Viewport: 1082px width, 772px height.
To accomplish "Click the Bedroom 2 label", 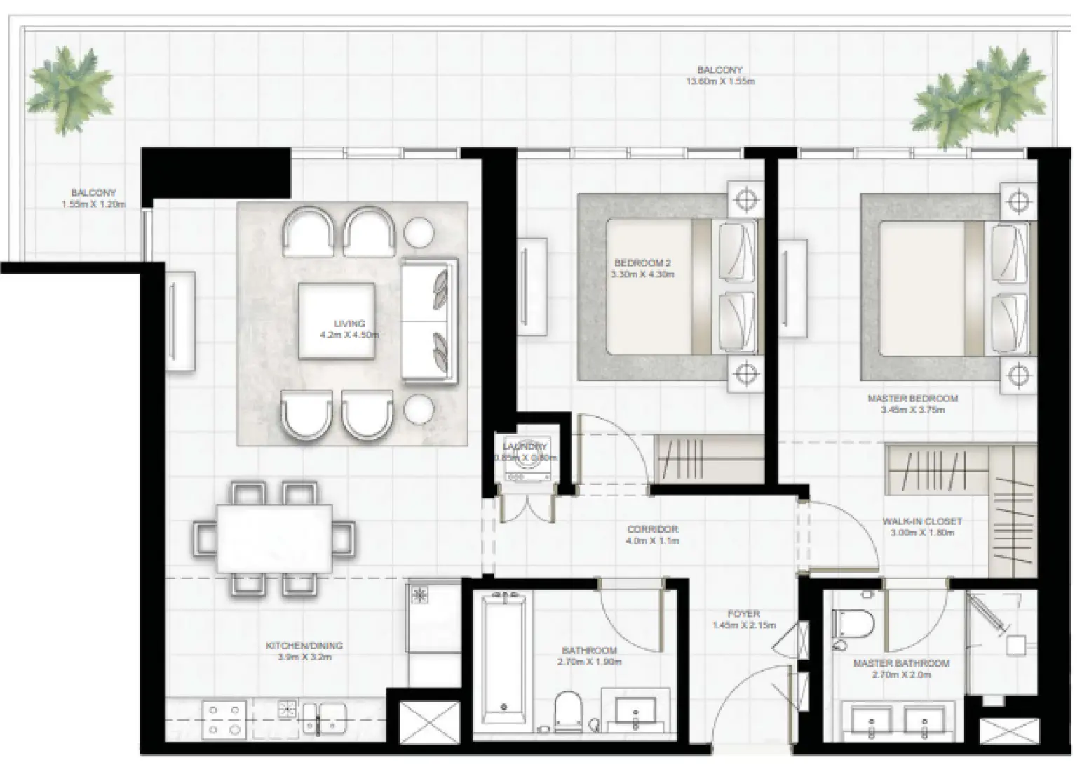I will (642, 263).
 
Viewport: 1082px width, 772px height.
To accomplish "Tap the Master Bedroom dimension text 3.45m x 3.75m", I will (912, 409).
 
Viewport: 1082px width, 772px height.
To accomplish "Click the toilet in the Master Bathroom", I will (853, 623).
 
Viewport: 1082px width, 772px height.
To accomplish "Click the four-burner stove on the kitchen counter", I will (224, 719).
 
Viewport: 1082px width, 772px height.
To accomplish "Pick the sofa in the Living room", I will (428, 321).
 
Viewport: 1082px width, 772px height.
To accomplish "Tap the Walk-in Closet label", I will (921, 521).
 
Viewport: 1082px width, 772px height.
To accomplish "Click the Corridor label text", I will (652, 529).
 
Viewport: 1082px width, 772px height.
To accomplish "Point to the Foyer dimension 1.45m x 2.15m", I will (743, 625).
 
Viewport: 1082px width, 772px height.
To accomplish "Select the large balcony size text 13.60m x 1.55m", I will (719, 81).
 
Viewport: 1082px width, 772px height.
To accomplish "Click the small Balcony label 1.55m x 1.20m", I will (93, 204).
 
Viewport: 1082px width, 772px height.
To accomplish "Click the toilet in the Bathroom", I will (568, 710).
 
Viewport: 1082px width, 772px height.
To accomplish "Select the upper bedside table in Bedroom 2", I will (745, 200).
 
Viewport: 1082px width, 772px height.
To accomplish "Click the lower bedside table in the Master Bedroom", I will (1018, 375).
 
